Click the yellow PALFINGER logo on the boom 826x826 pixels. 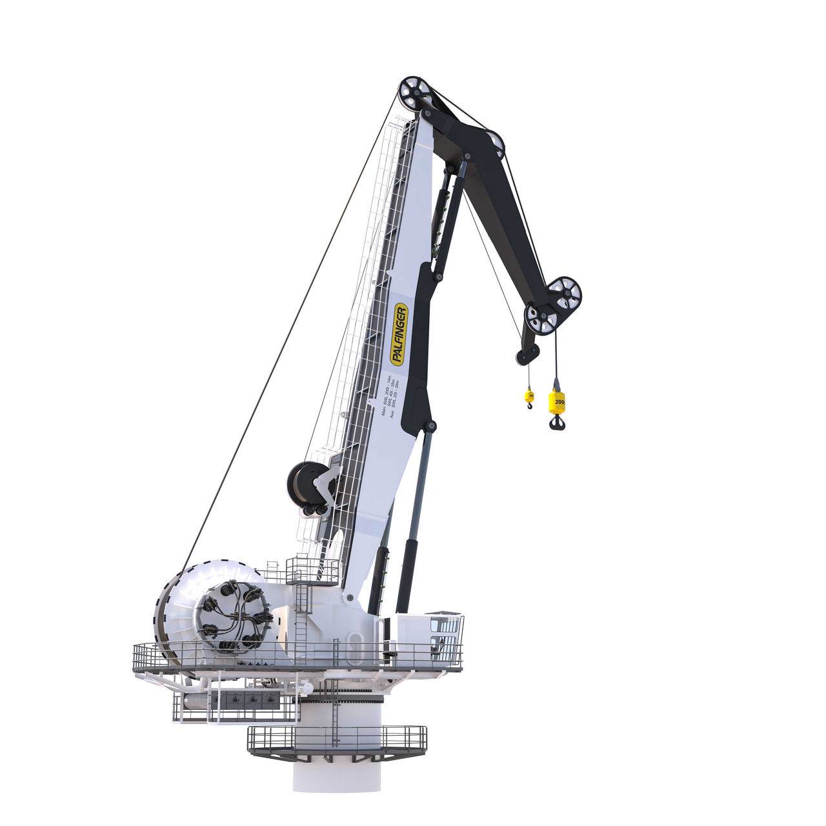tap(399, 334)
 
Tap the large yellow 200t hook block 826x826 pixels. tap(557, 401)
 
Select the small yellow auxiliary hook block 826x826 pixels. tap(529, 396)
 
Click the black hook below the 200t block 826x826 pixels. tap(557, 422)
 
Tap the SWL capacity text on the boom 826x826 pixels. tap(390, 394)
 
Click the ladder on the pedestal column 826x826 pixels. tap(334, 710)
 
